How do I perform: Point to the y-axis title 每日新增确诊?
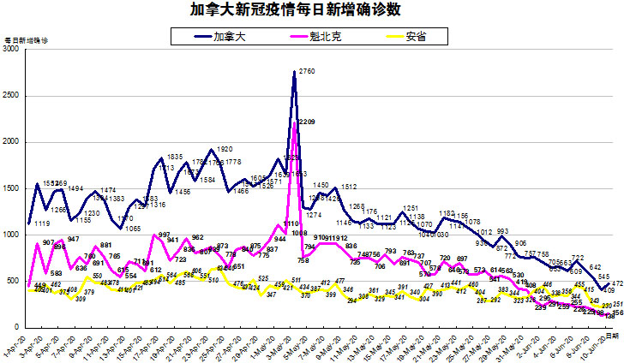[x=27, y=40]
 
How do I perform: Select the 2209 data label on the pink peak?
[x=306, y=122]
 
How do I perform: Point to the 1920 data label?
[x=225, y=148]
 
